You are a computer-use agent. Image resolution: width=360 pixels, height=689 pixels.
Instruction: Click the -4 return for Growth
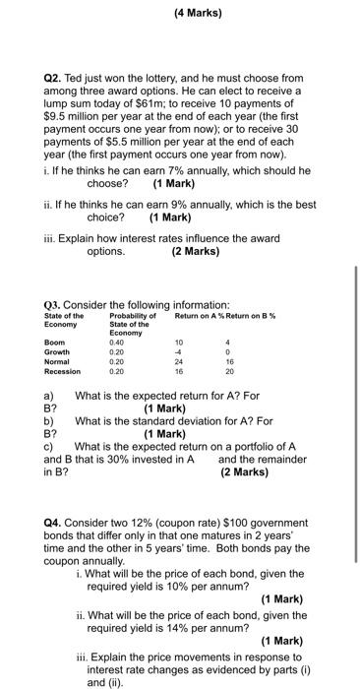tap(178, 352)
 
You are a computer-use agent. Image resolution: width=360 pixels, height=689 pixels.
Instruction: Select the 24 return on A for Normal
tap(178, 362)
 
